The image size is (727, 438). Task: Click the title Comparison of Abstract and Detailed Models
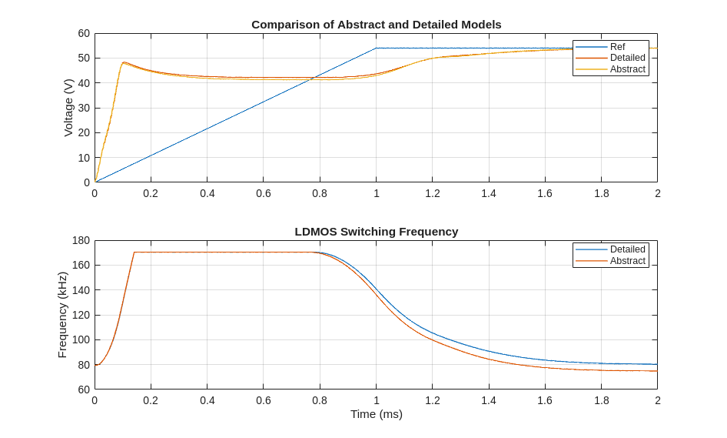pos(376,25)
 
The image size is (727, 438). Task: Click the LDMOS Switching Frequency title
pos(376,232)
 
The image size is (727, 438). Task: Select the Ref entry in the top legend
pos(617,47)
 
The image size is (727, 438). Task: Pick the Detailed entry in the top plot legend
pos(627,58)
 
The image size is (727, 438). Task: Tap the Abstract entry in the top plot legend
pos(627,69)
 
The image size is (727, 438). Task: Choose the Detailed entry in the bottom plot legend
pos(627,249)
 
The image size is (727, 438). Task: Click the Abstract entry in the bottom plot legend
pos(627,261)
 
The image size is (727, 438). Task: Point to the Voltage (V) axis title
pos(68,108)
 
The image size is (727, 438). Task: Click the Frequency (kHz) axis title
pos(62,315)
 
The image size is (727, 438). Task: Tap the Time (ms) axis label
pos(376,414)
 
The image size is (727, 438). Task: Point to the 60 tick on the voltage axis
pos(84,34)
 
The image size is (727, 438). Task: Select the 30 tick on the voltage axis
pos(84,108)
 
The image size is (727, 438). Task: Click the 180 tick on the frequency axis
pos(81,241)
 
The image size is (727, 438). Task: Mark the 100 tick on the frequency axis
pos(81,339)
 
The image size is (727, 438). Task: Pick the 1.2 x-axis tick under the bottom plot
pos(433,400)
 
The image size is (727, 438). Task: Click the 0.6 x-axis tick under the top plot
pos(264,193)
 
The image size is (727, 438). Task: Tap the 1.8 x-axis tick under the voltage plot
pos(601,193)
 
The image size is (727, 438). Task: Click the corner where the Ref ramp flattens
pos(377,48)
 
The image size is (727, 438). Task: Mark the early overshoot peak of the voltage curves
pos(123,62)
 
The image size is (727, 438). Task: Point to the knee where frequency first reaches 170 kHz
pos(134,252)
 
